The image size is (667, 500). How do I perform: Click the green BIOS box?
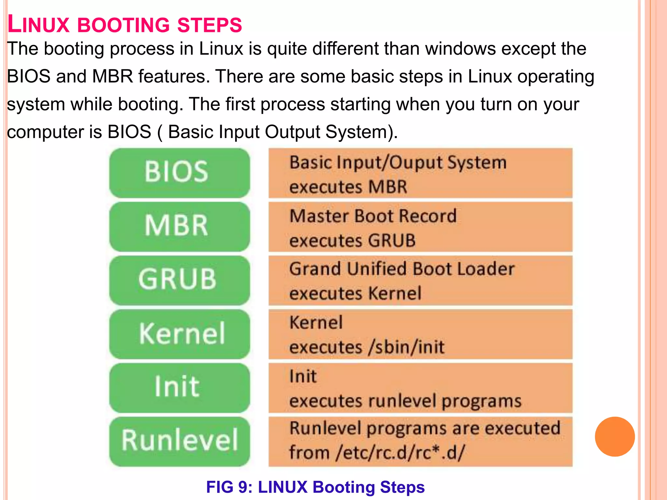[x=179, y=173]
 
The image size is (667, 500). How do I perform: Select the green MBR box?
[x=179, y=226]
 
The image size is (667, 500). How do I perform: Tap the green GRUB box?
[x=179, y=280]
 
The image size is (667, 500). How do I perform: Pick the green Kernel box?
[x=179, y=334]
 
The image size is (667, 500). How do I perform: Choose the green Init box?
[x=179, y=387]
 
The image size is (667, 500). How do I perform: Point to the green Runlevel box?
[x=179, y=441]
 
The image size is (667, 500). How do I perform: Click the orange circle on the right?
[x=615, y=437]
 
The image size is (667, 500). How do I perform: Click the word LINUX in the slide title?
[x=38, y=25]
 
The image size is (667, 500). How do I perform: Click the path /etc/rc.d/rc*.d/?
[x=401, y=453]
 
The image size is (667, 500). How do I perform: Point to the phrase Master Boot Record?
[x=373, y=216]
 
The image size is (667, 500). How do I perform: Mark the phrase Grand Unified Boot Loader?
[x=402, y=269]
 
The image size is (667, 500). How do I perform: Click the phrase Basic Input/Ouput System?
[x=398, y=162]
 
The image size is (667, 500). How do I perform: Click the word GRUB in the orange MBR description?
[x=391, y=241]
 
